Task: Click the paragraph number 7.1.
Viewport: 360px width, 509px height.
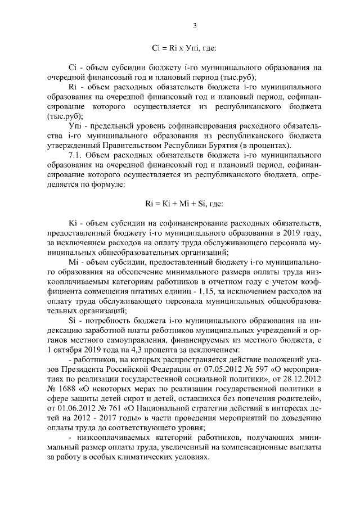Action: click(x=76, y=154)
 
